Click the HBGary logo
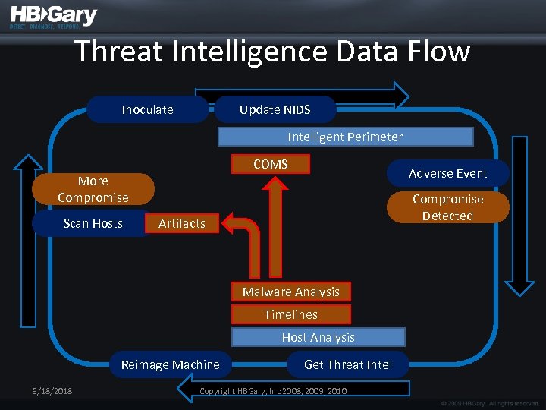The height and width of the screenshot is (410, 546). pyautogui.click(x=53, y=17)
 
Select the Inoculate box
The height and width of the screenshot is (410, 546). pyautogui.click(x=147, y=109)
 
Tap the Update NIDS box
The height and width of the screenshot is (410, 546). pyautogui.click(x=275, y=109)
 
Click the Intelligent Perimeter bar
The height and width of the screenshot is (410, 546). pyautogui.click(x=345, y=137)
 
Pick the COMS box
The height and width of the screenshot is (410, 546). pyautogui.click(x=271, y=164)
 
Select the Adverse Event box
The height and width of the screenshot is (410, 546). pyautogui.click(x=447, y=173)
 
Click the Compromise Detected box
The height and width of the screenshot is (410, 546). pyautogui.click(x=447, y=207)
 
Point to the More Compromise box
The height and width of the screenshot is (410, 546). pyautogui.click(x=93, y=189)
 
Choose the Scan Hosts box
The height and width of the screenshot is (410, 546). pyautogui.click(x=93, y=223)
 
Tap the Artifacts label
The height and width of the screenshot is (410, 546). pyautogui.click(x=182, y=223)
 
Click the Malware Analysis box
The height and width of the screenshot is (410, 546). pyautogui.click(x=291, y=292)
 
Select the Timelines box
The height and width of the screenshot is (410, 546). pyautogui.click(x=291, y=314)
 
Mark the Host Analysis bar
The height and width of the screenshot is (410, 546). pyautogui.click(x=318, y=337)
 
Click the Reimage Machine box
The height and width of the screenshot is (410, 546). pyautogui.click(x=171, y=364)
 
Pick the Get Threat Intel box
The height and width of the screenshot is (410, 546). pyautogui.click(x=348, y=364)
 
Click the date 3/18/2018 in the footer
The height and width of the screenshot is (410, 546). pyautogui.click(x=48, y=391)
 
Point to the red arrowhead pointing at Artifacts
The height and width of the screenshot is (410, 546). pyautogui.click(x=233, y=223)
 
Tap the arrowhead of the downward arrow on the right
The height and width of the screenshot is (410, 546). pyautogui.click(x=519, y=287)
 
